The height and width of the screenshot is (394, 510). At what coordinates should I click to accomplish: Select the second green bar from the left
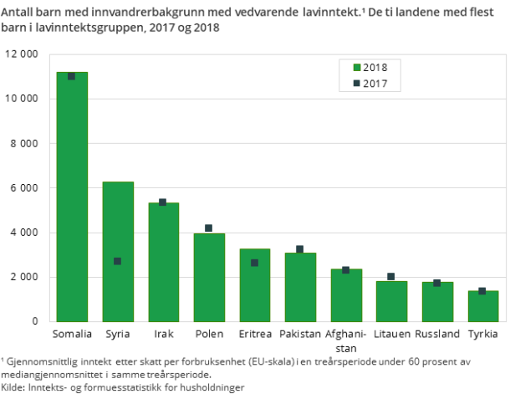[x=118, y=251]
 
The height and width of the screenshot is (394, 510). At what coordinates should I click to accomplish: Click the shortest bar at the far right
[x=482, y=306]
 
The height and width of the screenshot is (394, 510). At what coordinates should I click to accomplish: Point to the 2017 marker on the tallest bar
[x=72, y=76]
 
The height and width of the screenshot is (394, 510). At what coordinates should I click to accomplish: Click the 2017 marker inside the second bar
[x=118, y=261]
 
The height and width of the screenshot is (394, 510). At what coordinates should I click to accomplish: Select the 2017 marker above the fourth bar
[x=208, y=228]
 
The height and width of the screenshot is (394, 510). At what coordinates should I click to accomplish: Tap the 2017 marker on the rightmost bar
[x=482, y=291]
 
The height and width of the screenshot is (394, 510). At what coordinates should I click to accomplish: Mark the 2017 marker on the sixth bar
[x=299, y=249]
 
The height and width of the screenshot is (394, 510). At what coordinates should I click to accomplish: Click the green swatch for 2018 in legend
[x=357, y=68]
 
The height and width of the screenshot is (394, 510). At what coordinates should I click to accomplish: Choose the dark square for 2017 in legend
[x=357, y=83]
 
